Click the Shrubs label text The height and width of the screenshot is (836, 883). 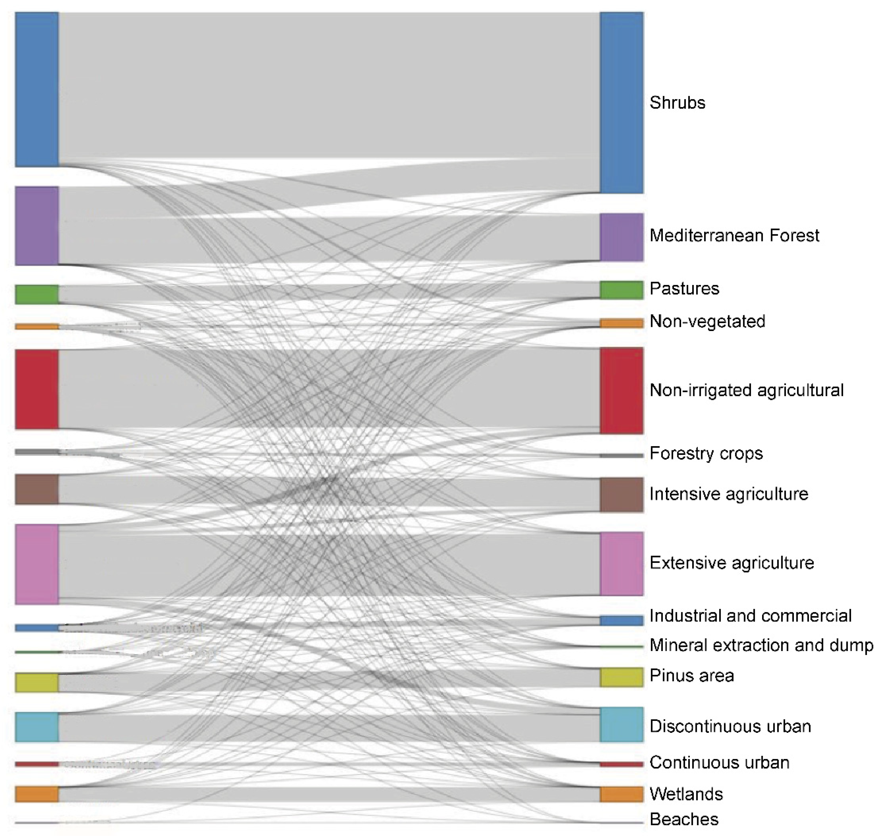point(677,103)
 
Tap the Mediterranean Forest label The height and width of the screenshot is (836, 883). point(734,235)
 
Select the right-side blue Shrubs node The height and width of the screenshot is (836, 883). point(621,103)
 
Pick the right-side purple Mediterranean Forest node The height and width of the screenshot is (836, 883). point(621,237)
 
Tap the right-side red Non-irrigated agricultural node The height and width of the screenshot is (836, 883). point(621,390)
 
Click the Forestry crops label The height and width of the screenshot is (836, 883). point(706,453)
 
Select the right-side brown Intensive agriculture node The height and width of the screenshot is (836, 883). point(621,495)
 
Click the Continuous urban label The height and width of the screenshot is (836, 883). point(719,763)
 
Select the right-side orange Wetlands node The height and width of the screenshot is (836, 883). point(621,794)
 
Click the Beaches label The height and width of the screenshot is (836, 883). point(684,819)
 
